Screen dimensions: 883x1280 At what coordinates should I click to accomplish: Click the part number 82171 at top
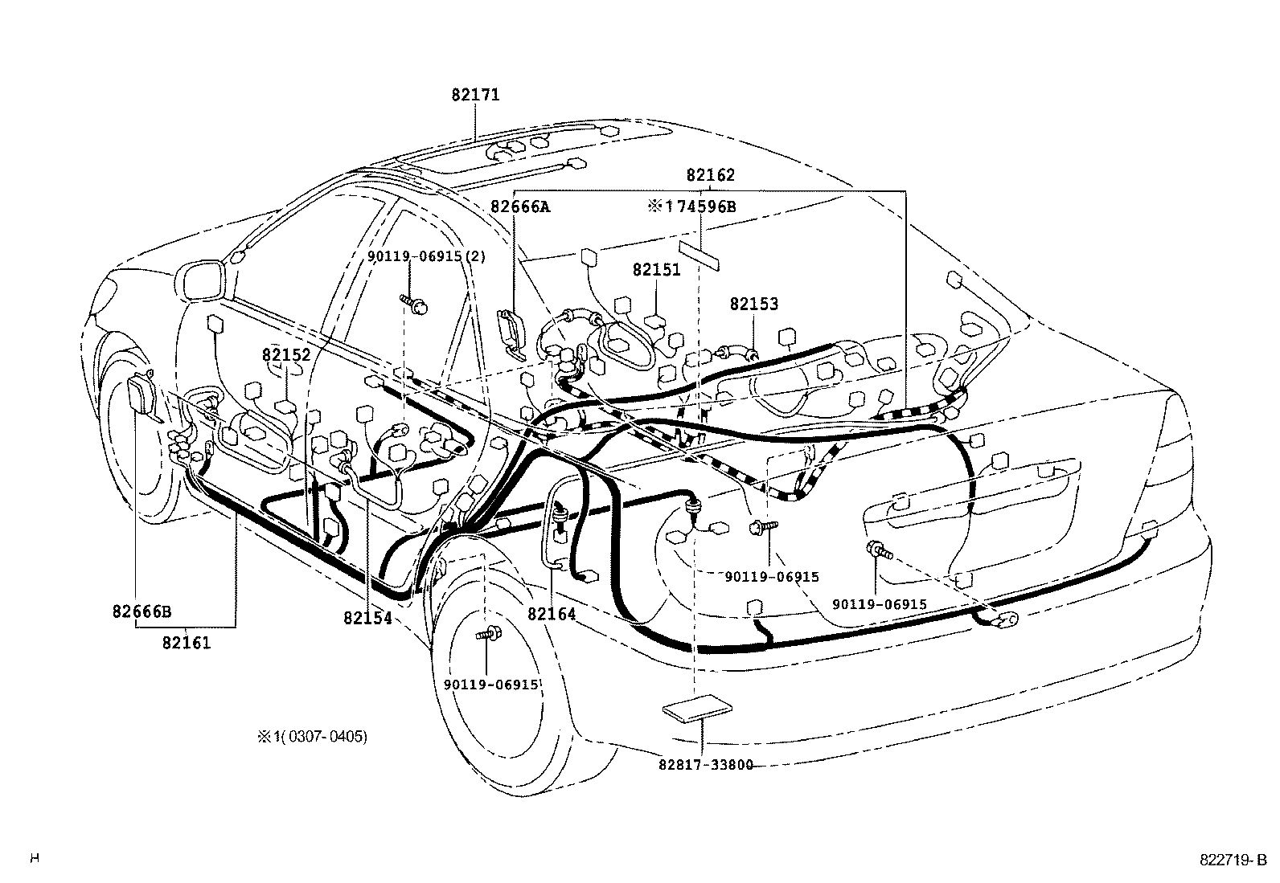pos(475,95)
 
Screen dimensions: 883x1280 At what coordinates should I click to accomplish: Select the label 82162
pos(710,175)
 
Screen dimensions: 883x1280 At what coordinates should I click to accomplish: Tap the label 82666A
pos(520,206)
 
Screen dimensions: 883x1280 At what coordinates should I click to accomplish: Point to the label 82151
pos(656,270)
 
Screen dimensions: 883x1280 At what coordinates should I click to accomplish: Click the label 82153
pos(754,305)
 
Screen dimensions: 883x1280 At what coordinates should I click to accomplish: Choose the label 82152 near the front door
pos(285,354)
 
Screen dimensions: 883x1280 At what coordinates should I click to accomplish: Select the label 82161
pos(187,643)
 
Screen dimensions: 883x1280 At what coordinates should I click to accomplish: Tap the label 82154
pos(367,618)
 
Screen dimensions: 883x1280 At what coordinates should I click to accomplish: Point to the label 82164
pos(552,614)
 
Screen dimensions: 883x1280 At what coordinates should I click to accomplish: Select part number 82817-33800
pos(706,765)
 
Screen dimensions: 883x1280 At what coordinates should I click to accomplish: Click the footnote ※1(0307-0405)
pos(312,736)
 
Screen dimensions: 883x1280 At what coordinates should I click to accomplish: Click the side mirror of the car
pos(199,280)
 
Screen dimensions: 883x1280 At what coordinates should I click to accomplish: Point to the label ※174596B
pos(691,206)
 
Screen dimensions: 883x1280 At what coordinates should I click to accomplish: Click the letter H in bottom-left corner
pos(34,859)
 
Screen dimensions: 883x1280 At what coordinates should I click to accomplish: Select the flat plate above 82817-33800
pos(697,709)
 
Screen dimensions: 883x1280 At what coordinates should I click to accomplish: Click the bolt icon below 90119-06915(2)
pos(414,304)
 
